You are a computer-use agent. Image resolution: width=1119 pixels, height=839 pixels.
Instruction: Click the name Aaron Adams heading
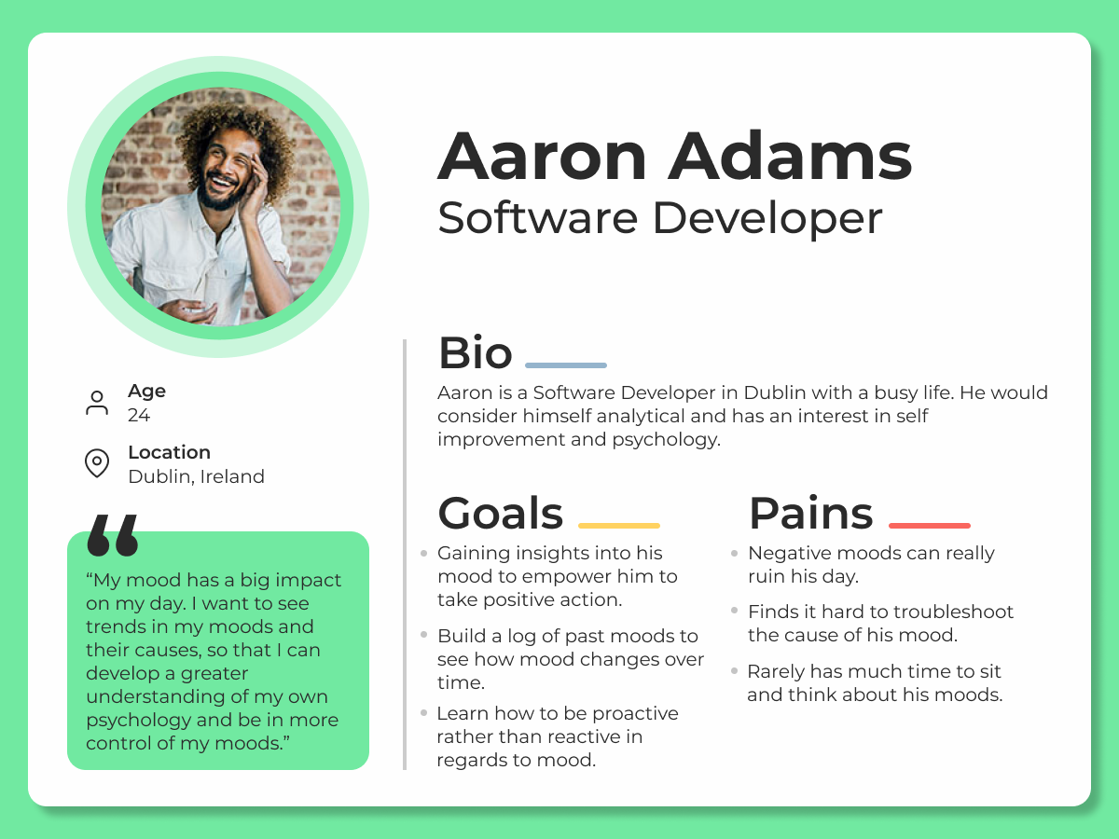click(x=674, y=156)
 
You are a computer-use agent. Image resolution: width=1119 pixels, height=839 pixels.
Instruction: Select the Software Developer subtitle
click(x=659, y=218)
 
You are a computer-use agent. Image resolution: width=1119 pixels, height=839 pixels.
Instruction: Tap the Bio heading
click(x=476, y=352)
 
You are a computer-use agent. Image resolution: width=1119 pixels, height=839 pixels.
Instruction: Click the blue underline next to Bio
click(x=566, y=365)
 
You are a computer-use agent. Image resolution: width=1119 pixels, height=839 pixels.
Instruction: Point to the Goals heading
click(x=500, y=513)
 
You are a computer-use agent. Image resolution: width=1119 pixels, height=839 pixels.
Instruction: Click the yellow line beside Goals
click(x=619, y=525)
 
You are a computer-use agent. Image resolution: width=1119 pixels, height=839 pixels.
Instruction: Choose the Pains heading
click(x=810, y=513)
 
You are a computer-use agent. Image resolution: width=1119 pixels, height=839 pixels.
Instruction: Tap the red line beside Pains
click(x=930, y=525)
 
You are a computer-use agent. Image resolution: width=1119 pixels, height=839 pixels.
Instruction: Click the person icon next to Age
click(x=97, y=403)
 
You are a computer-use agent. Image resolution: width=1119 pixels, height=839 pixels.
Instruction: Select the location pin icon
click(x=97, y=463)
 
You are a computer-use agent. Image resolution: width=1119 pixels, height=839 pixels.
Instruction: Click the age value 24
click(x=139, y=415)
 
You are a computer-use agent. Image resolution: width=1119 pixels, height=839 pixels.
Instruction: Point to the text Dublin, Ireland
click(x=196, y=476)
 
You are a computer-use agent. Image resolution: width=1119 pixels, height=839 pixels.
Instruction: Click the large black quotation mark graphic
click(x=113, y=535)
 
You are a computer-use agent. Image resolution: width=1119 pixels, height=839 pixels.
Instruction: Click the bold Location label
click(x=170, y=452)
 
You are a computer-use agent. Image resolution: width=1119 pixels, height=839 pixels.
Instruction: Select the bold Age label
click(x=146, y=392)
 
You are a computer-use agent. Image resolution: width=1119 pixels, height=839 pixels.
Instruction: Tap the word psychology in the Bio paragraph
click(x=667, y=440)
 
